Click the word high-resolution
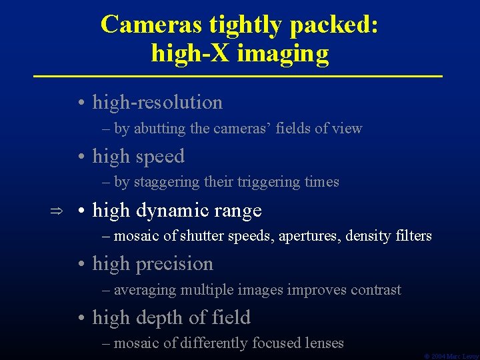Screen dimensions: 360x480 pos(157,103)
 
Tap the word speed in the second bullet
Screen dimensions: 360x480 pos(159,157)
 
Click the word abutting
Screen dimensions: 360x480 pos(160,129)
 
